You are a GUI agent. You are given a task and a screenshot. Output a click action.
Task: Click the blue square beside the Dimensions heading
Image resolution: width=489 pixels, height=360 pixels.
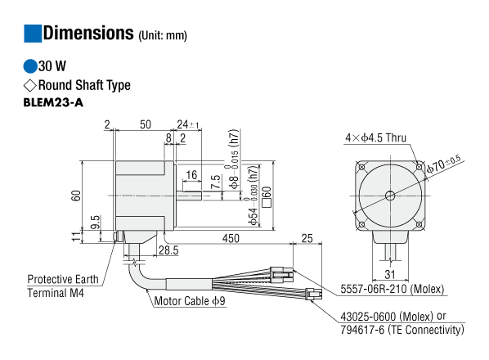pos(33,34)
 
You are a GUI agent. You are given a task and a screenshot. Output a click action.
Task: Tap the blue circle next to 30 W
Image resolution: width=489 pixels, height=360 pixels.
pos(30,66)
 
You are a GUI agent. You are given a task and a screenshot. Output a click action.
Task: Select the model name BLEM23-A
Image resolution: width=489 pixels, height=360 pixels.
pos(53,102)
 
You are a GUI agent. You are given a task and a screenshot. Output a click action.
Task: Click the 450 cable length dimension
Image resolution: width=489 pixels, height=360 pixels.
pos(231,238)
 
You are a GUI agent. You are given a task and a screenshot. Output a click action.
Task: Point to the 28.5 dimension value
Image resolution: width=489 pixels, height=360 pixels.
pos(168,250)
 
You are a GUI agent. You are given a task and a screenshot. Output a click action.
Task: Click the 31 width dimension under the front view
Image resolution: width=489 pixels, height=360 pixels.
pos(390,275)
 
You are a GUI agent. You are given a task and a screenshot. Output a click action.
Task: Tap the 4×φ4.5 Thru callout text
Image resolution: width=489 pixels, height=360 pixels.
pos(376,137)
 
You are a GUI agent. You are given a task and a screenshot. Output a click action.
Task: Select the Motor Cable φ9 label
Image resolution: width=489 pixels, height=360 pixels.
pos(190,301)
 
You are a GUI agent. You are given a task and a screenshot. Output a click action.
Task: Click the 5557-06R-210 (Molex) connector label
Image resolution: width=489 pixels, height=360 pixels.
pos(392,289)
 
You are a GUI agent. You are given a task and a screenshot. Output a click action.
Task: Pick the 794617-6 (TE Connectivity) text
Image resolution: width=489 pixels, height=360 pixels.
pos(402,330)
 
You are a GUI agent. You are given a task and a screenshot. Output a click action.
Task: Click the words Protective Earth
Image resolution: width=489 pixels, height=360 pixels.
pos(63,279)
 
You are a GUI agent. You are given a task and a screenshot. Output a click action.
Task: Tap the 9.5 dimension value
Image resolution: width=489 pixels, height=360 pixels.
pos(96,222)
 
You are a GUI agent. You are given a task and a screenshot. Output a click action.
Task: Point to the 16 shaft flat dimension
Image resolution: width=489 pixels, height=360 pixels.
pos(191,175)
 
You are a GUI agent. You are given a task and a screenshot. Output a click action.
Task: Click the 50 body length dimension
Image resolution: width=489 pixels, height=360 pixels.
pos(146,124)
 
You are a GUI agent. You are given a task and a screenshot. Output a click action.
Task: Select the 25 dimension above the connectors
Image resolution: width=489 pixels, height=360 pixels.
pos(307,238)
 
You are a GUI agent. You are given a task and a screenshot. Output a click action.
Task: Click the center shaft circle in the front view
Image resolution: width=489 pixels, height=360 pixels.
pos(390,196)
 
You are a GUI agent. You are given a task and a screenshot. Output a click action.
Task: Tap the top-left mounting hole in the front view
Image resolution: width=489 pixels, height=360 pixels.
pos(361,167)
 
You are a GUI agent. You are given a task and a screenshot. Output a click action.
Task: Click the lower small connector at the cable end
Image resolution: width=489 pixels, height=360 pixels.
pos(313,294)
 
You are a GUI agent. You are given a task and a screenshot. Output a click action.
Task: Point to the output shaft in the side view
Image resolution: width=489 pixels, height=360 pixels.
pos(189,196)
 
